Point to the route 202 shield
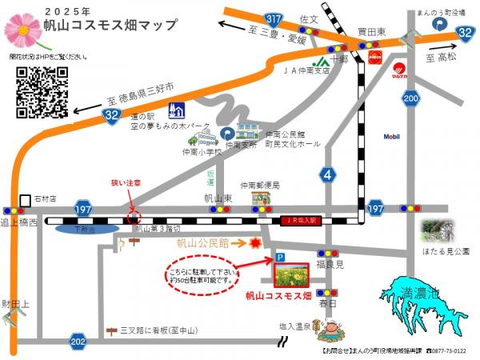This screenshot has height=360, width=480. click(x=78, y=342)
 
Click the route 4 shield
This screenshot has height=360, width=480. click(x=327, y=174)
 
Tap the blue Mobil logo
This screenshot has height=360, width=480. click(x=391, y=137)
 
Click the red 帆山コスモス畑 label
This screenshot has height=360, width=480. click(x=278, y=295)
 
